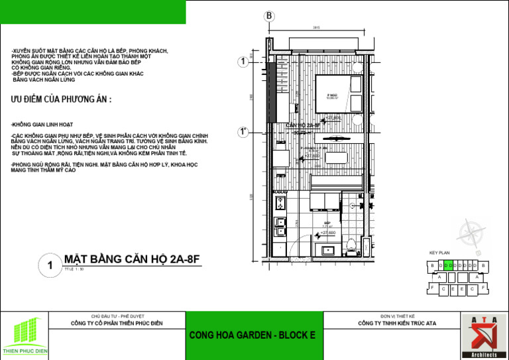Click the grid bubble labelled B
pyautogui.click(x=269, y=16)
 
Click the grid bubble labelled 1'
pyautogui.click(x=244, y=132)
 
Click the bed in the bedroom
pyautogui.click(x=339, y=97)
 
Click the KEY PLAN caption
pyautogui.click(x=439, y=253)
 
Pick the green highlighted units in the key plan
pyautogui.click(x=449, y=266)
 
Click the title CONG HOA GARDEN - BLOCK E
pyautogui.click(x=253, y=335)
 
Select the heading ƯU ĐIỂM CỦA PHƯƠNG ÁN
pyautogui.click(x=61, y=99)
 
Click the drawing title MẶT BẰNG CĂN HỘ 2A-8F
pyautogui.click(x=131, y=260)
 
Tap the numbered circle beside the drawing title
pyautogui.click(x=50, y=267)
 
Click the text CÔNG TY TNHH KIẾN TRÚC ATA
pyautogui.click(x=397, y=324)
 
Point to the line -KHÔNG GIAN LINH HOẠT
pyautogui.click(x=42, y=125)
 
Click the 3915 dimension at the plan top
pyautogui.click(x=317, y=28)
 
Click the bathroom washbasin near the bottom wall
pyautogui.click(x=328, y=251)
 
